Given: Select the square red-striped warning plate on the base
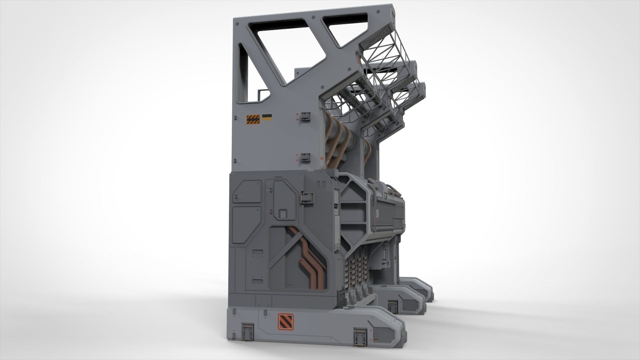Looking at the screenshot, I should (x=286, y=322).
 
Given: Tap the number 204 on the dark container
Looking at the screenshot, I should (x=377, y=213).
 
